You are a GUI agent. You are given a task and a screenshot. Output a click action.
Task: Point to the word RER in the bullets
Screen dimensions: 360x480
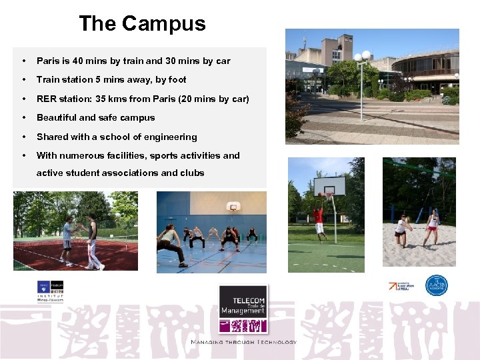[47, 99]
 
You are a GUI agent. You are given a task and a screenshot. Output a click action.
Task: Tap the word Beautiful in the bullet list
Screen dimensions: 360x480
[57, 118]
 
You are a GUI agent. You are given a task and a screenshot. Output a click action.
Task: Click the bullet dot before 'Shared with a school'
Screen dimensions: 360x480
[23, 137]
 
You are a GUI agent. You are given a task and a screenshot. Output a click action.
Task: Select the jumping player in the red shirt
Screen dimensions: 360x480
[319, 219]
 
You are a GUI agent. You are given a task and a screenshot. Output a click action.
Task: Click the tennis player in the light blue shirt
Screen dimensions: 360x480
[67, 240]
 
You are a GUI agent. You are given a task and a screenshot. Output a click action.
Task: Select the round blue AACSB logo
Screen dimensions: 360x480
[437, 285]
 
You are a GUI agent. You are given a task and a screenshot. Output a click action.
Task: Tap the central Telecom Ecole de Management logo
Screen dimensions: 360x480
[244, 309]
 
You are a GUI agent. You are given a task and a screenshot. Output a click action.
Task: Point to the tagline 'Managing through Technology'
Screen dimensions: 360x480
[244, 342]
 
